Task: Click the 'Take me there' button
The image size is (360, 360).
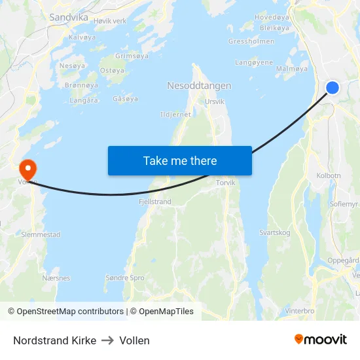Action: coord(180,160)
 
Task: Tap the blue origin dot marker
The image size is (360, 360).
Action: coord(333,87)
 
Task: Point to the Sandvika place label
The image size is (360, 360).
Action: coord(69,18)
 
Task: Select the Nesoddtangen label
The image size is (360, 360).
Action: coord(199,86)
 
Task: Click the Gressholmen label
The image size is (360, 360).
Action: coord(251,41)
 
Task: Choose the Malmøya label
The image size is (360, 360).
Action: coord(292,68)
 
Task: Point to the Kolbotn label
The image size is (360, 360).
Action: coord(329,175)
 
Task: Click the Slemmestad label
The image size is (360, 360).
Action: coord(41,234)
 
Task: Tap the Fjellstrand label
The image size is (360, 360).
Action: coord(155,202)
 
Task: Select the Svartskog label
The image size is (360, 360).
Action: coord(275,232)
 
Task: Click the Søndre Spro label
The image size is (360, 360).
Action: coord(125,278)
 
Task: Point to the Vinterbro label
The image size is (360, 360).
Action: coord(300,311)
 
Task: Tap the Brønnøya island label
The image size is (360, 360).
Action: coord(81,85)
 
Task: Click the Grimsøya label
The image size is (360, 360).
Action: coord(132,56)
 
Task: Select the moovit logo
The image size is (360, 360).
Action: coord(321,340)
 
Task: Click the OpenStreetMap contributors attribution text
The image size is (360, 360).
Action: coord(70,312)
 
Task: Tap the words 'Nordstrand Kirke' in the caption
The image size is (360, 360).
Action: coord(54,340)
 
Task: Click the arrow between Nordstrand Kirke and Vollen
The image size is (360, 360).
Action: coord(108,340)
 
